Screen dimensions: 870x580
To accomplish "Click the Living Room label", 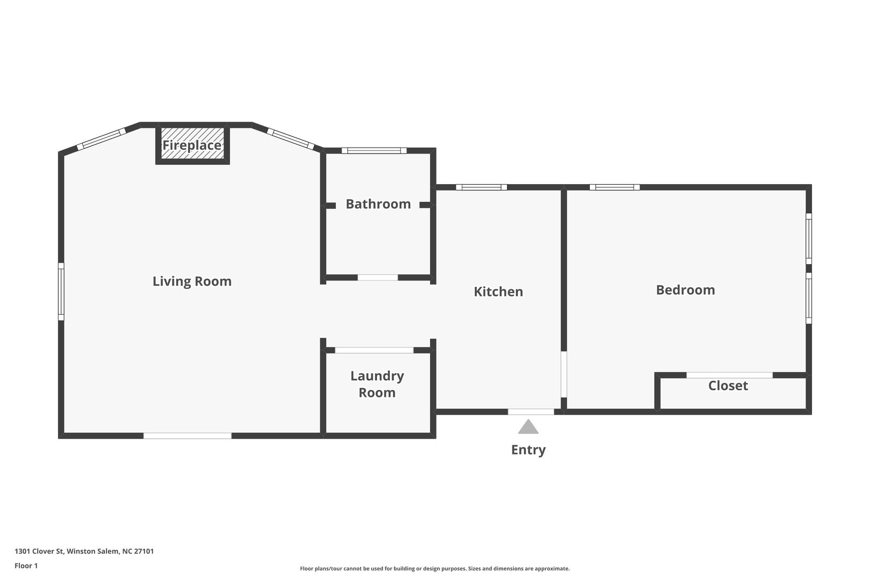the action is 192,281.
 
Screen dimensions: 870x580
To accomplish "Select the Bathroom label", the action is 378,204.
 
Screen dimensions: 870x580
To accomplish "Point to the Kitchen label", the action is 498,292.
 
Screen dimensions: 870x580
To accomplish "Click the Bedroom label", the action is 685,290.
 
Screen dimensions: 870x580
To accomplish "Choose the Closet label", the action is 728,386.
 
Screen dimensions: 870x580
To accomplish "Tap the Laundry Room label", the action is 377,384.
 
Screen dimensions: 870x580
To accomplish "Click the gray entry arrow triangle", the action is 528,426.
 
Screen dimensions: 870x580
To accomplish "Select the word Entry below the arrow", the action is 528,450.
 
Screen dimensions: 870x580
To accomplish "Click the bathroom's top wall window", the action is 374,151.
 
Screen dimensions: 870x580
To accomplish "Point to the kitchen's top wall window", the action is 482,187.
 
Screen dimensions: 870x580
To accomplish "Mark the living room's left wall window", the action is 61,292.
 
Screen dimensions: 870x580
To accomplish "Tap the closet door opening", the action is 729,375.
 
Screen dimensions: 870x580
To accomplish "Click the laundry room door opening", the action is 374,350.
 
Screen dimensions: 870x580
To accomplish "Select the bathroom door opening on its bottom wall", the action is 378,278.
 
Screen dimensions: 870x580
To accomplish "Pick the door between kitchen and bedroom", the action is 564,374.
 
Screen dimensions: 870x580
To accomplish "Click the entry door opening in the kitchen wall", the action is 531,412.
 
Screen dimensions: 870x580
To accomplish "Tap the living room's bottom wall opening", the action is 187,436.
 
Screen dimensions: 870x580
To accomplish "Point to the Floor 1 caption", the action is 26,565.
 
